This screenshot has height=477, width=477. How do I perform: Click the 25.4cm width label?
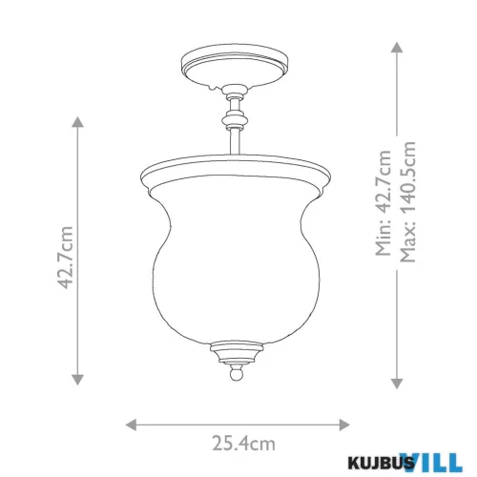[x=243, y=444]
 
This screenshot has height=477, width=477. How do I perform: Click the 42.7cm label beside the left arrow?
[x=67, y=258]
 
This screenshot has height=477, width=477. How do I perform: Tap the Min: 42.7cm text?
[x=384, y=202]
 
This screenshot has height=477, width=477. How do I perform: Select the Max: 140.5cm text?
[x=408, y=201]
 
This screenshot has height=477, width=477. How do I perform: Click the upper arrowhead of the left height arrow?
[x=77, y=122]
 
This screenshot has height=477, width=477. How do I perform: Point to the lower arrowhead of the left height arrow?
[x=77, y=380]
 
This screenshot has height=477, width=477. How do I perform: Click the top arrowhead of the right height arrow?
[x=397, y=47]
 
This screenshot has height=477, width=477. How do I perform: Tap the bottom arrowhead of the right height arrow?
[x=397, y=384]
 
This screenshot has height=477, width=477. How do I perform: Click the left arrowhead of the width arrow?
[x=131, y=425]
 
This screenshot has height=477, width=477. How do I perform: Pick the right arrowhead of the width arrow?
[x=344, y=425]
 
